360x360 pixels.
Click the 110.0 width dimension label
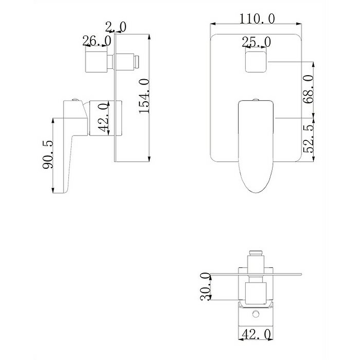[256, 18]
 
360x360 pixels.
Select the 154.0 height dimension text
[144, 96]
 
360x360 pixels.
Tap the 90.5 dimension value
[48, 154]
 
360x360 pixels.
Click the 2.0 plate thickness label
[116, 27]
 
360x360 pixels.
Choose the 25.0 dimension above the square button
[256, 42]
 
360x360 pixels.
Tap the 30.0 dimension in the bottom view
[205, 286]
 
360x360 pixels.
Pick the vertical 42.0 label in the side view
[103, 118]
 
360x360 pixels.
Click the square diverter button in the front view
[256, 61]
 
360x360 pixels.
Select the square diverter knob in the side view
[96, 61]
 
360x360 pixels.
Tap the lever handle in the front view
[255, 144]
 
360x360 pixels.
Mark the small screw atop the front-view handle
[256, 99]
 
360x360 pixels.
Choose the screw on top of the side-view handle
[75, 98]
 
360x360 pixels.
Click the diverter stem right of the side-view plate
[128, 61]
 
